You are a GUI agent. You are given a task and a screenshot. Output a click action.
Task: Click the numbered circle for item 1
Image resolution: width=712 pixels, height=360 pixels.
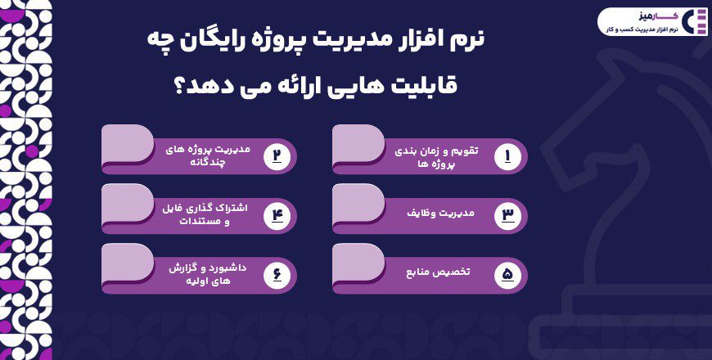tap(507, 156)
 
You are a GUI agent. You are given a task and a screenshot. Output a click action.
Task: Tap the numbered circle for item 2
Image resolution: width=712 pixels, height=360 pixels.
tap(277, 156)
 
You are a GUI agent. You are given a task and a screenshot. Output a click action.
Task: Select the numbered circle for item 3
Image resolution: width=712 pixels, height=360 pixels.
tap(507, 215)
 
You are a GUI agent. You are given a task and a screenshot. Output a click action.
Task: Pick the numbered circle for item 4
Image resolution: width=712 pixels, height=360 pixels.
tap(277, 215)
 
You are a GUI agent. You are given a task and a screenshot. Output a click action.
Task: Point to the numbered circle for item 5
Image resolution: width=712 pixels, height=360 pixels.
tap(507, 275)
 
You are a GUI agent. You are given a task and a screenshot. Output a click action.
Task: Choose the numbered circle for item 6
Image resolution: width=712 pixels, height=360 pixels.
tap(277, 275)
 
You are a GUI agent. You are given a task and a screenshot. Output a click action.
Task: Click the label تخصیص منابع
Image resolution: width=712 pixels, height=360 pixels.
tap(438, 272)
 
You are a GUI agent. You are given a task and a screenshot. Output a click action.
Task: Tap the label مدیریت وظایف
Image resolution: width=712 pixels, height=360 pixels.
tap(440, 213)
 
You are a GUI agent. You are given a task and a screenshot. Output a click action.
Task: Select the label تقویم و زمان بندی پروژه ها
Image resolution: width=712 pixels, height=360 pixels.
tap(436, 156)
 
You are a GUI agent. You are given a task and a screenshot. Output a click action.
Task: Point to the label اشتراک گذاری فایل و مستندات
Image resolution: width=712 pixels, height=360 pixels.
tap(205, 215)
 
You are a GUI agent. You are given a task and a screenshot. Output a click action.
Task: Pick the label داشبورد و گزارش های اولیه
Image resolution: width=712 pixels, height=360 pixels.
tap(209, 274)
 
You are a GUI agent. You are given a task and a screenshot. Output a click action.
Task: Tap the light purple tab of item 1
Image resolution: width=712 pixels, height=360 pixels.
tap(358, 143)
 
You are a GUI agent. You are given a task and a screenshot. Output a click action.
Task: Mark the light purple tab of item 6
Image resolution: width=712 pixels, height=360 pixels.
tap(128, 262)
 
